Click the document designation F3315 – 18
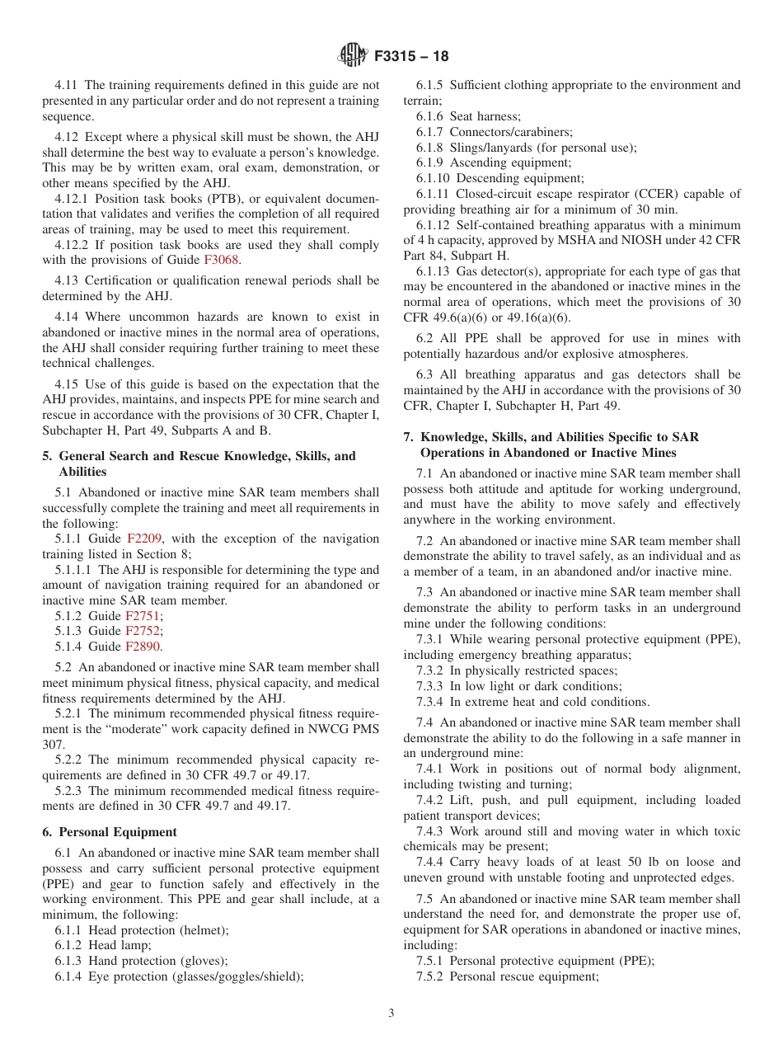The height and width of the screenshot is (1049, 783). point(411,57)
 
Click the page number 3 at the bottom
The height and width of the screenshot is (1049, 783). point(391,1013)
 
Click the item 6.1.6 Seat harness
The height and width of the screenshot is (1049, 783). point(468,116)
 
